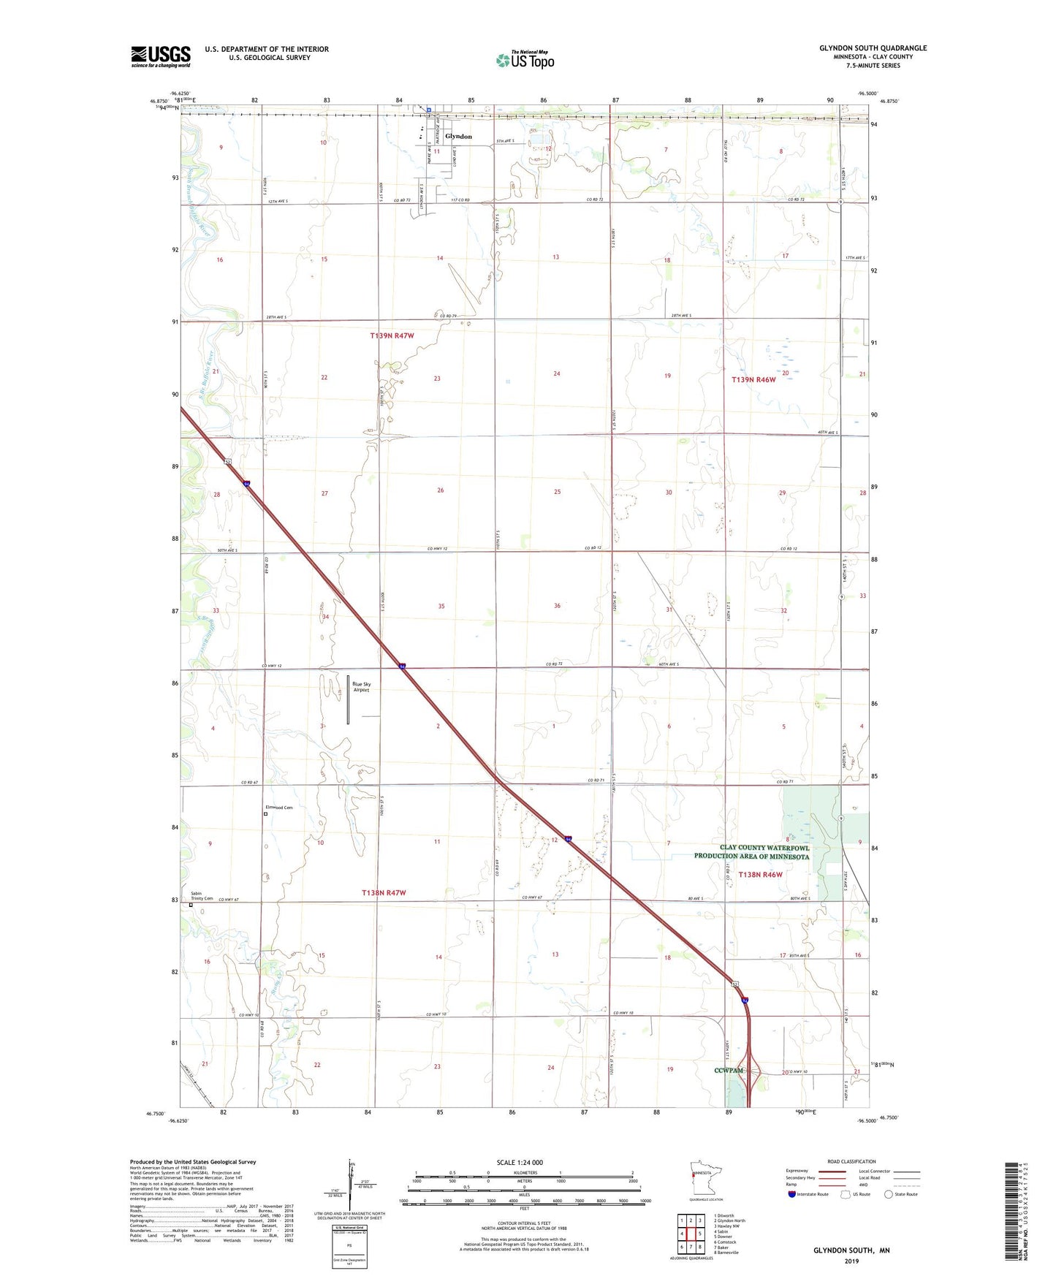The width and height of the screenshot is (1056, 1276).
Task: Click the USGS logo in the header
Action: point(161,56)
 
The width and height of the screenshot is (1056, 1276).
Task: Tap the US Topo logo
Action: point(525,60)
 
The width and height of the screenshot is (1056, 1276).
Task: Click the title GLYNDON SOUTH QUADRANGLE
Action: point(873,48)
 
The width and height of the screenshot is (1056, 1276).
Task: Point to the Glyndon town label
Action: point(458,137)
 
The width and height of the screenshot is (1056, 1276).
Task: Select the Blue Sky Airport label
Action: point(362,687)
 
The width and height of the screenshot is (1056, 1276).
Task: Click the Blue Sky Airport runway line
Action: point(348,700)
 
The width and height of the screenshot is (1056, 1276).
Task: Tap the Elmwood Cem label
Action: point(278,808)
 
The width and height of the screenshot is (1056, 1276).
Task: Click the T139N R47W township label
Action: point(392,336)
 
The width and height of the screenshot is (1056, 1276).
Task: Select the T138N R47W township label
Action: point(384,893)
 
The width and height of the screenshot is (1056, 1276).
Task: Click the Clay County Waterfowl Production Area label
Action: point(751,852)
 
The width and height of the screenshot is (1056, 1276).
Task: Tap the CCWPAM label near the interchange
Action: point(729,1071)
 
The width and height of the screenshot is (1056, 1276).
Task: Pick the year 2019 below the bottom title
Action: point(851,1261)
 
